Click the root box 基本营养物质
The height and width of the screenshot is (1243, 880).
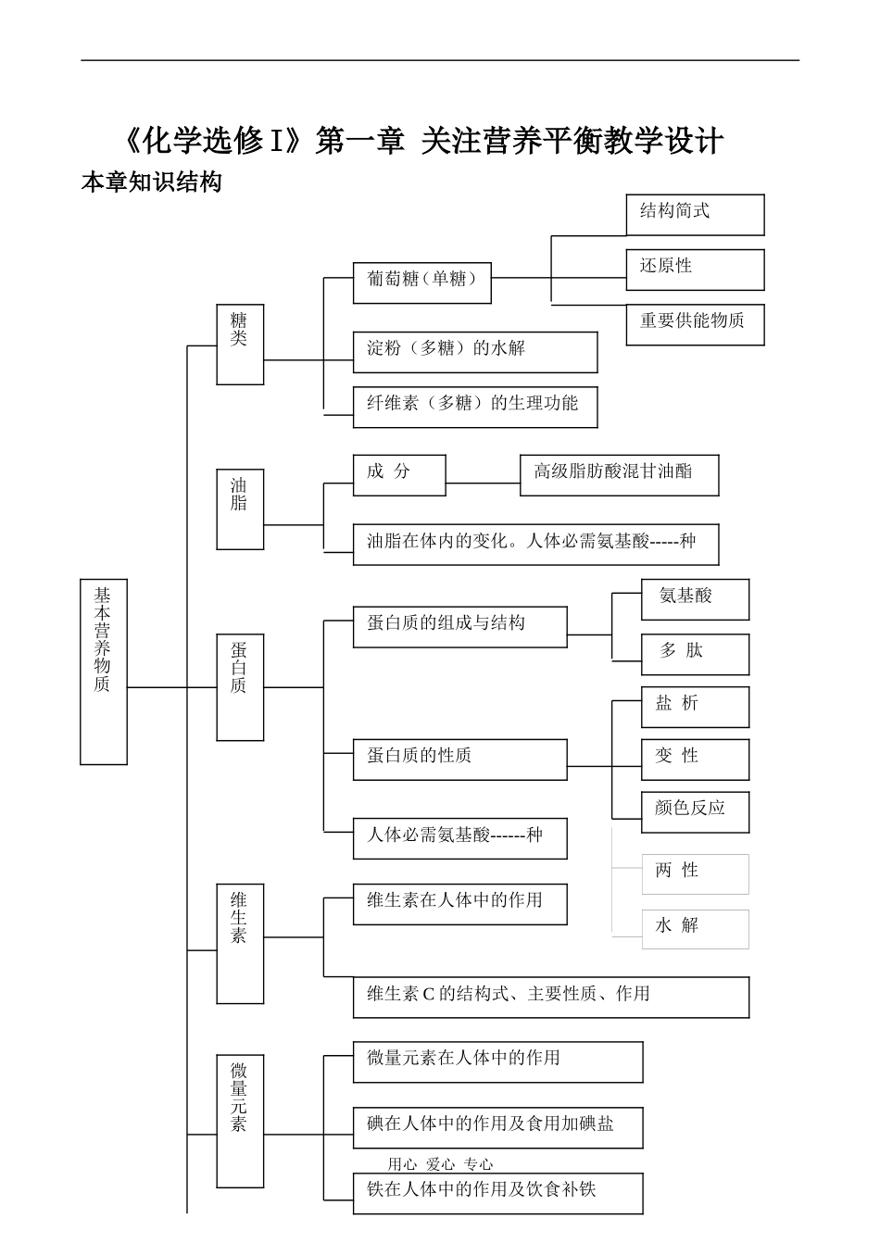click(103, 672)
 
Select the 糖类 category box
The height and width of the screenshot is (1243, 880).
click(240, 344)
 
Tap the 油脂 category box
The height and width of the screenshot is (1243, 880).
click(240, 509)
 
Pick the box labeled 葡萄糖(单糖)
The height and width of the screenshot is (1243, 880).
click(421, 282)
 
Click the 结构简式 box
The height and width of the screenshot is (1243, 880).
click(695, 214)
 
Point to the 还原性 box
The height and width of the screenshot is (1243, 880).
click(695, 270)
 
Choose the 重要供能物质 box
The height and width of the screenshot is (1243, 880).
click(695, 324)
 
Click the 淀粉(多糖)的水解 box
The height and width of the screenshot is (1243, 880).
click(474, 352)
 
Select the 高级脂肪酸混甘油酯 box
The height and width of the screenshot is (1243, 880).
click(619, 474)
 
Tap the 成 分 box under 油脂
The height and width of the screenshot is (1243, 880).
click(399, 474)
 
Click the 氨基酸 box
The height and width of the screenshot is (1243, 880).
click(695, 599)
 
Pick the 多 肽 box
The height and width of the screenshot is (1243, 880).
click(695, 654)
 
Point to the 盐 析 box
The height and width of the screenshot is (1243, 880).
click(695, 707)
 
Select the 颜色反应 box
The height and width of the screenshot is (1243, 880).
click(695, 811)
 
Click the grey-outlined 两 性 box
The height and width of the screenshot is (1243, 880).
click(695, 873)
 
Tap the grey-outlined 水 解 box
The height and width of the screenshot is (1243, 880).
click(695, 929)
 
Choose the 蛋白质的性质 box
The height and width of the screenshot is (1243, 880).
click(459, 760)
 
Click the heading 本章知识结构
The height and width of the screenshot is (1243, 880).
click(152, 182)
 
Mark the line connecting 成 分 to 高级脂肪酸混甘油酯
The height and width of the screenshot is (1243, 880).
click(483, 483)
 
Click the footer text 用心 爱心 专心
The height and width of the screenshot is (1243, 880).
click(440, 1164)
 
